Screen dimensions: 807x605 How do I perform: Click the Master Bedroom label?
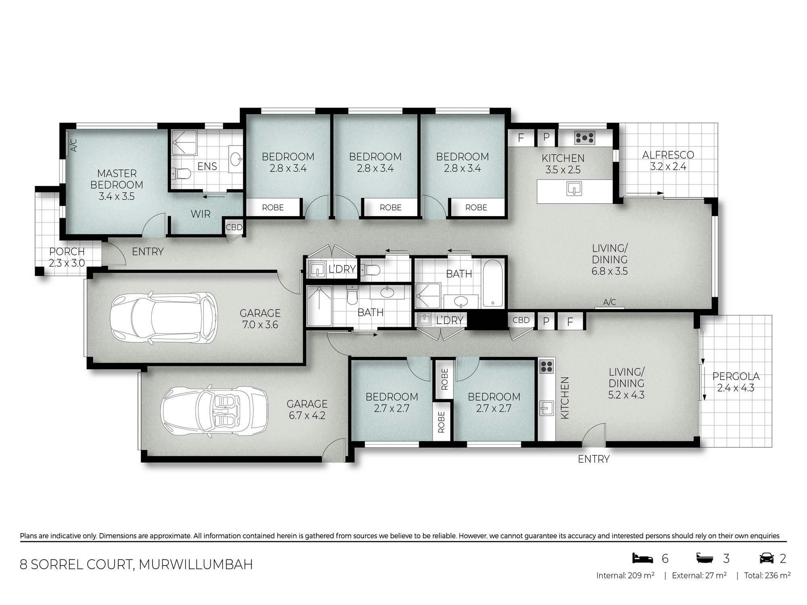coord(117,185)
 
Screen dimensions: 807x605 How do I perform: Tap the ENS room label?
coord(207,166)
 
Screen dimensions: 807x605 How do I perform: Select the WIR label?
coord(201,214)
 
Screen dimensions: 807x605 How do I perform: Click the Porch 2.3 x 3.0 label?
coord(67,257)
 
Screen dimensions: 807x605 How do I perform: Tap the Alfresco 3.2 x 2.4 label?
coord(668,161)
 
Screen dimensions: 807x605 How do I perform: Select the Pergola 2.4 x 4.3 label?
coord(736,382)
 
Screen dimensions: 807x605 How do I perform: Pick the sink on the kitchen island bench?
coord(574,188)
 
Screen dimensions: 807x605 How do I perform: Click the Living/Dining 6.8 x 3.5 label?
coord(610,259)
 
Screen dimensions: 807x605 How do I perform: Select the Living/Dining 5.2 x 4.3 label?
coord(626,383)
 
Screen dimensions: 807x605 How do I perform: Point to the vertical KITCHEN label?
coord(565,398)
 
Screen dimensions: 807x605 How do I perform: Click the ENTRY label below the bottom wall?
coord(594,459)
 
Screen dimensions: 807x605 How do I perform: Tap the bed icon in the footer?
coord(643,558)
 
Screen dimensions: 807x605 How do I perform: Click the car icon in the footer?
coord(767,558)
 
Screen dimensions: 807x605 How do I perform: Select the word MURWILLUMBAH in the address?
coord(196,564)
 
